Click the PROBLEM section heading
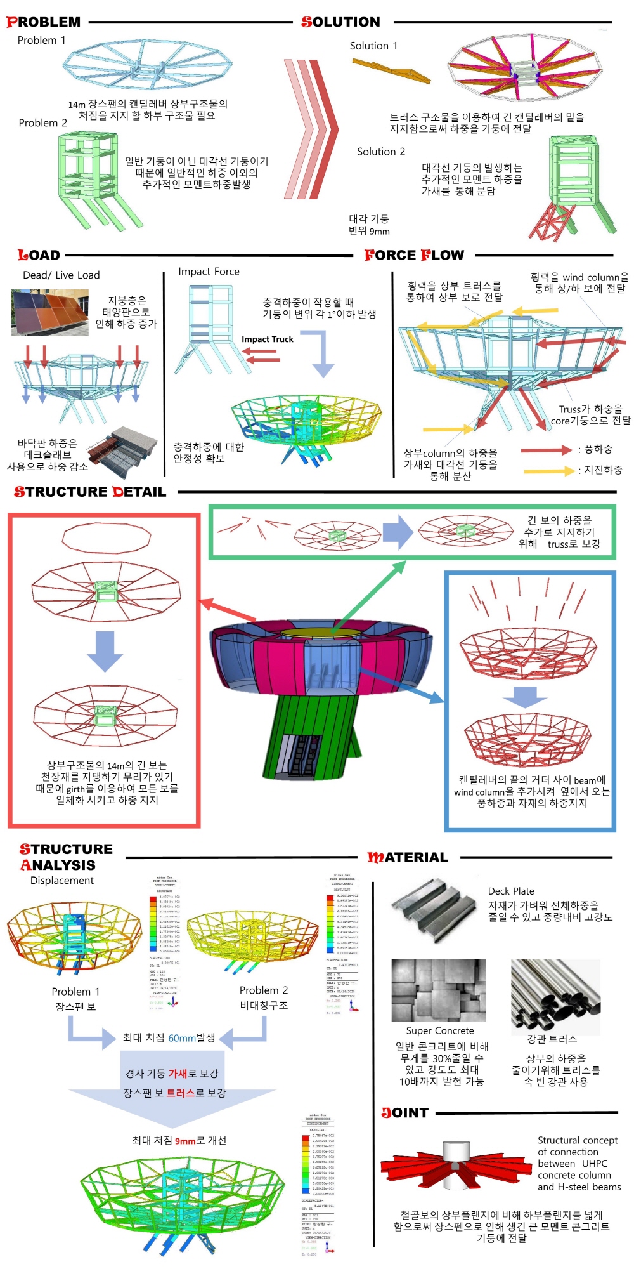point(44,22)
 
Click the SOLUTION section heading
point(340,22)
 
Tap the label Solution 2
point(380,152)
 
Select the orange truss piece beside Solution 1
point(391,70)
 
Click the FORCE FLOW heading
point(414,255)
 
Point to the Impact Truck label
point(267,339)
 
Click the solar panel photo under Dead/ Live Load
point(49,312)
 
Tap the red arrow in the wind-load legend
point(546,450)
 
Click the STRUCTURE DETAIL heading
point(90,492)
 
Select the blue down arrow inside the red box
point(105,650)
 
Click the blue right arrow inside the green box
point(398,532)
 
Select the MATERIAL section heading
point(408,857)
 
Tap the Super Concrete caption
point(440,1030)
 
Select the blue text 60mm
point(182,1038)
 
